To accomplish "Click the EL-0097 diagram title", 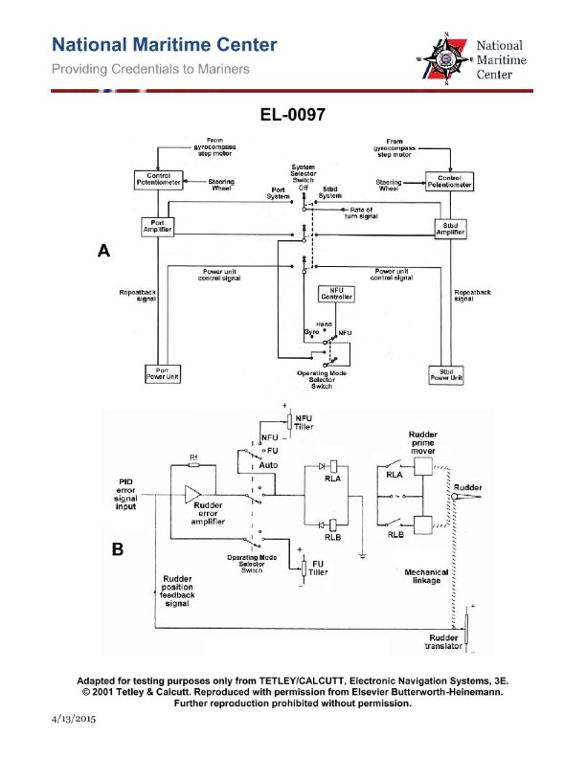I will point(293,115).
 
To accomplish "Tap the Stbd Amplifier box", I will point(449,229).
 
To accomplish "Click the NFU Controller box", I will point(335,295).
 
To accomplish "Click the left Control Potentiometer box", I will point(158,179).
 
